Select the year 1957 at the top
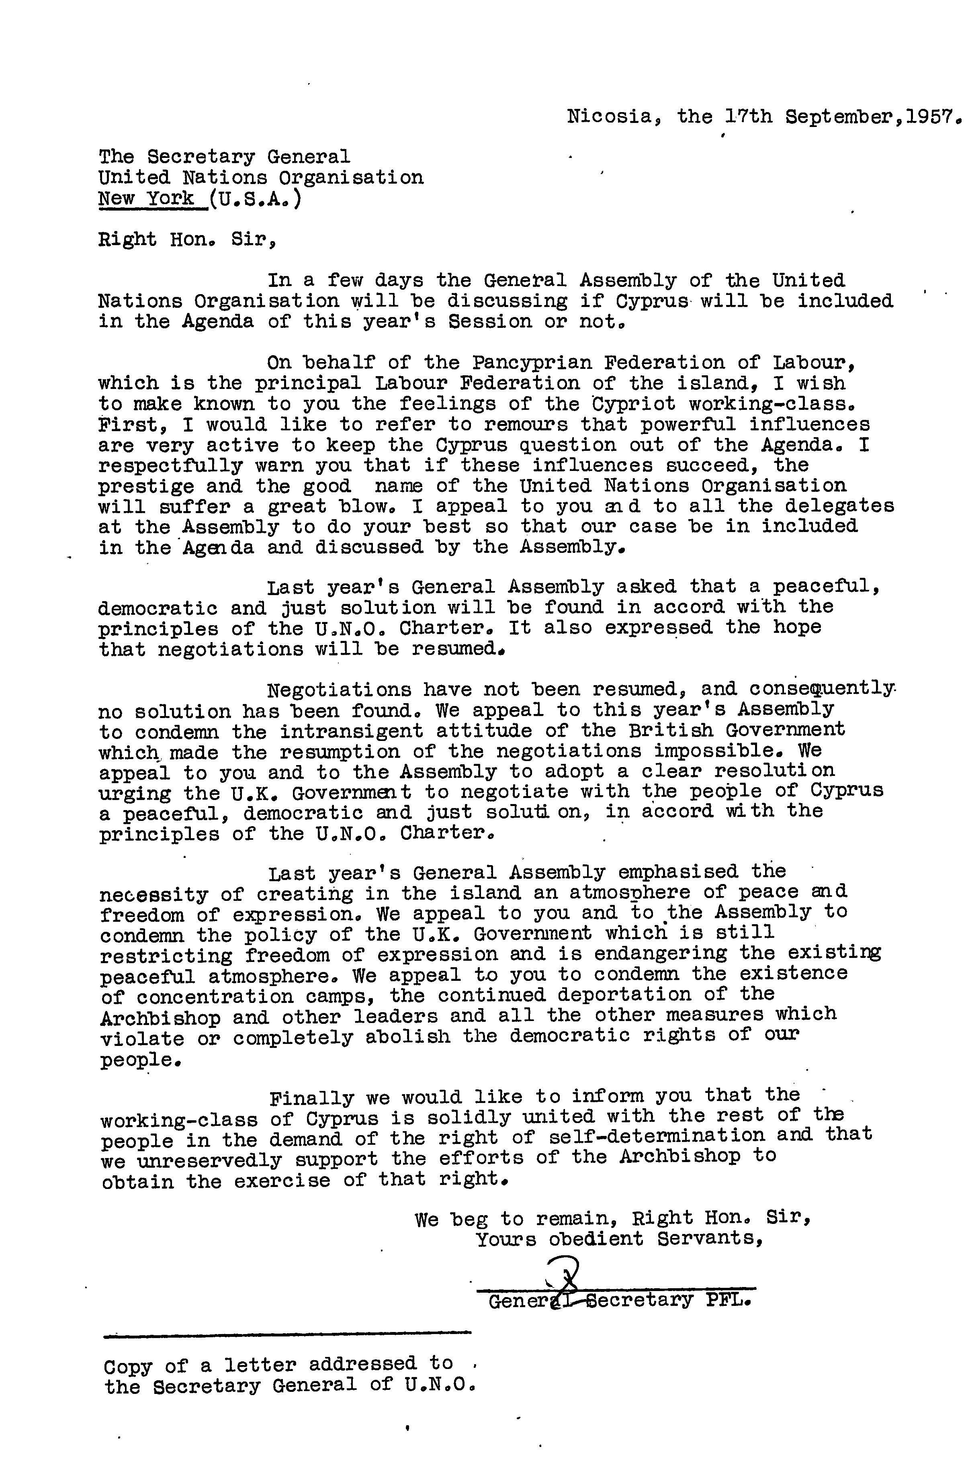pos(930,117)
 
